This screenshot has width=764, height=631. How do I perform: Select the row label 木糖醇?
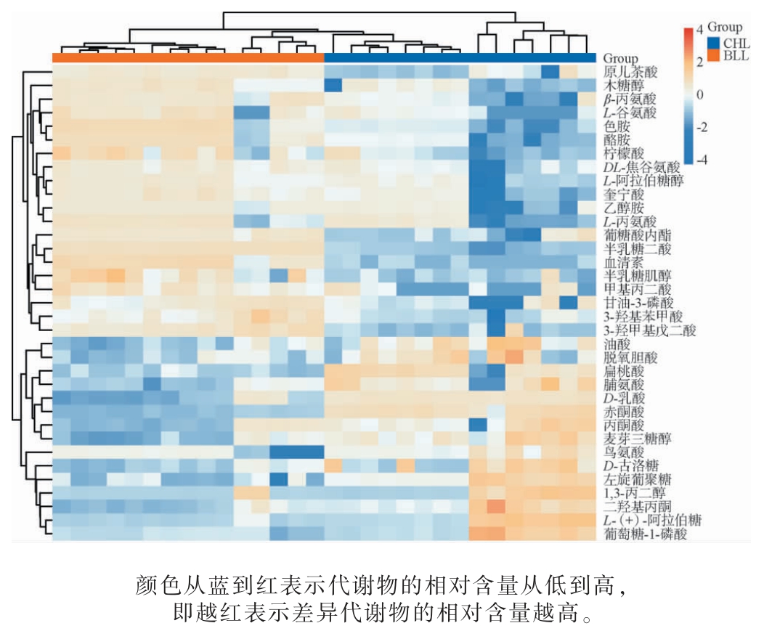[624, 86]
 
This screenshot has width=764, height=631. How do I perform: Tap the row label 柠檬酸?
[624, 154]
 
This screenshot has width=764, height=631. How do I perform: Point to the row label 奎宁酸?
[624, 195]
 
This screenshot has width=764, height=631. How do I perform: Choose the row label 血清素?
[624, 262]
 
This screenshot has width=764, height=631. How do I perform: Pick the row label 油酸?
[617, 343]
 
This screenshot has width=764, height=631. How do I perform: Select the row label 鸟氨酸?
[624, 452]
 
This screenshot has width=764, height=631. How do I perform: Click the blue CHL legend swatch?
[713, 42]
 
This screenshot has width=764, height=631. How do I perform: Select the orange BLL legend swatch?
[713, 55]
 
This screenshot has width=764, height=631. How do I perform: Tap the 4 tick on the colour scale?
[699, 30]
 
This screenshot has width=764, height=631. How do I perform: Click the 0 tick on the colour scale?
[699, 95]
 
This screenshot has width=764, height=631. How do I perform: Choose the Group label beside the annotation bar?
[621, 58]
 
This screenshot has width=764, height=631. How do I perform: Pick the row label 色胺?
[617, 126]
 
